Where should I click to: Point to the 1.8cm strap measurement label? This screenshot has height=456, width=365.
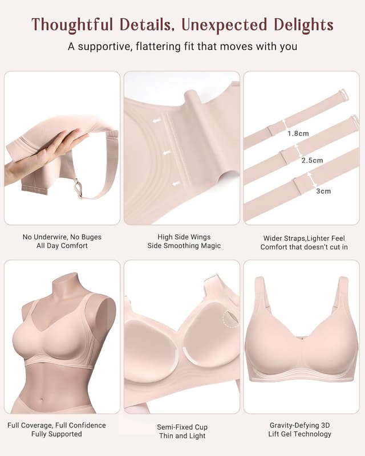coord(298,133)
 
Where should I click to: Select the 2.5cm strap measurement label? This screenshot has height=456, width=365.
coord(312,161)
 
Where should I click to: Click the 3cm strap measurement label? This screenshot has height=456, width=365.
coord(323,191)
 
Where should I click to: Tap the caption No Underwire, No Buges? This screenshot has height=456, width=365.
coord(62,237)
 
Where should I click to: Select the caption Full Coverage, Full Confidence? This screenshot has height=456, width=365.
coord(57,425)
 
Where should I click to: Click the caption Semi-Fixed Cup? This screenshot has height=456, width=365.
coord(182,427)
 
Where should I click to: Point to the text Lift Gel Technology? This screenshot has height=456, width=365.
coord(300,434)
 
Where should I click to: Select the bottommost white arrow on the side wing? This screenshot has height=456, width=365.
coord(176,184)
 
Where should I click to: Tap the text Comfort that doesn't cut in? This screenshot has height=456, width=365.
coord(304,247)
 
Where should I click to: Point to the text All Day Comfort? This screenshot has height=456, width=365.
coord(62,246)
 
